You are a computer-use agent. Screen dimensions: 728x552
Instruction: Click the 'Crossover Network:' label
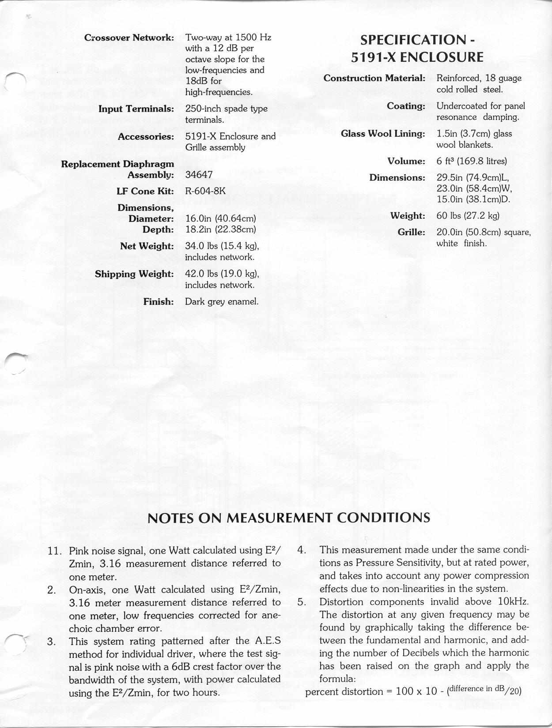pyautogui.click(x=129, y=38)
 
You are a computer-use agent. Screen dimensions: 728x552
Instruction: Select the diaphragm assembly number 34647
pyautogui.click(x=199, y=175)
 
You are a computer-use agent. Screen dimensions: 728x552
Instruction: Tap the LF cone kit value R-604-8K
pyautogui.click(x=205, y=191)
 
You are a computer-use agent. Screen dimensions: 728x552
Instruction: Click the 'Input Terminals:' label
pyautogui.click(x=136, y=109)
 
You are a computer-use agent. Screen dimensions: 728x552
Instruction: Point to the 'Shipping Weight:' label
pyautogui.click(x=134, y=274)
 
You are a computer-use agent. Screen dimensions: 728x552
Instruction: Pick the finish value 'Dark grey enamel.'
pyautogui.click(x=221, y=302)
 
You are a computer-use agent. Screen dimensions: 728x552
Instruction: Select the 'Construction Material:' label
pyautogui.click(x=374, y=79)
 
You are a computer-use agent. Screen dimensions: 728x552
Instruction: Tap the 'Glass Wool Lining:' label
pyautogui.click(x=383, y=134)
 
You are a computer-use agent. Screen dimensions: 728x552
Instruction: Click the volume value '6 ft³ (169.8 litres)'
pyautogui.click(x=472, y=161)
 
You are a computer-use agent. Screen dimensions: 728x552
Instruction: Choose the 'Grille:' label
pyautogui.click(x=411, y=232)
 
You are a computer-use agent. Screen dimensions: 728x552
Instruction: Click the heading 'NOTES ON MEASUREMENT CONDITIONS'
pyautogui.click(x=288, y=518)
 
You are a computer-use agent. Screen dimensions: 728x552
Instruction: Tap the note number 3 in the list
pyautogui.click(x=51, y=641)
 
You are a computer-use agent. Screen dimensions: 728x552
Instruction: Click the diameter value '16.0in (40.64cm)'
pyautogui.click(x=221, y=219)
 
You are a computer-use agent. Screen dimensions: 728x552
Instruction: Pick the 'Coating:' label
pyautogui.click(x=406, y=106)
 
